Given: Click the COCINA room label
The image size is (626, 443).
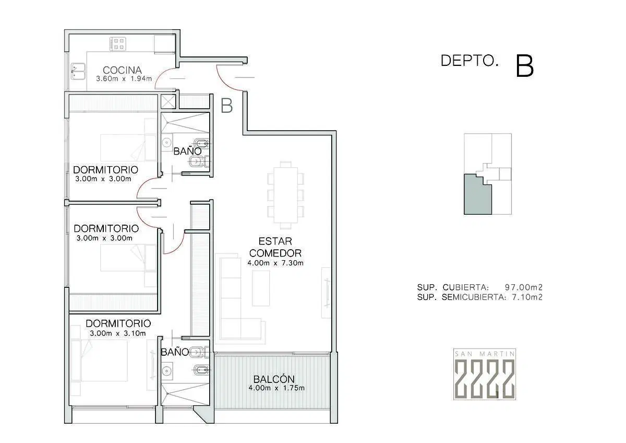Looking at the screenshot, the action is pyautogui.click(x=122, y=70).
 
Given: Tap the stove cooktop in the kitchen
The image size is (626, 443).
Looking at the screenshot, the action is pyautogui.click(x=118, y=44).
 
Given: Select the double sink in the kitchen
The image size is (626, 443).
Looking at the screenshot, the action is pyautogui.click(x=78, y=72).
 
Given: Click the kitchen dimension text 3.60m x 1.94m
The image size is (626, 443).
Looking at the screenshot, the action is pyautogui.click(x=124, y=79).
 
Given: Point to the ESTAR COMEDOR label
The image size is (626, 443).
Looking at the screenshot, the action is pyautogui.click(x=275, y=247).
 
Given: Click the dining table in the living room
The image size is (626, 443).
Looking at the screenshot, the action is pyautogui.click(x=286, y=194).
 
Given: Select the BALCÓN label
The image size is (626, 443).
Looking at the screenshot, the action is pyautogui.click(x=274, y=379).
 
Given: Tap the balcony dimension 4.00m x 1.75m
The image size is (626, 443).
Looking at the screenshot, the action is pyautogui.click(x=276, y=388).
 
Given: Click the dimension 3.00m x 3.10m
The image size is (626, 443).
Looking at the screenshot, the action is pyautogui.click(x=118, y=333).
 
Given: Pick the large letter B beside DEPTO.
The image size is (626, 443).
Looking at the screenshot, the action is pyautogui.click(x=525, y=66).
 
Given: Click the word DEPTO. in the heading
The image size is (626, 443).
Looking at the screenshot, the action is pyautogui.click(x=469, y=61).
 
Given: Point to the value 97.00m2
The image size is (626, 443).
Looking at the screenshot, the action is pyautogui.click(x=523, y=287).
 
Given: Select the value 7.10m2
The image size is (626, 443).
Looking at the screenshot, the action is pyautogui.click(x=527, y=297).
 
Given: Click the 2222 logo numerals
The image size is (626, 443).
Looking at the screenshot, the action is pyautogui.click(x=485, y=378).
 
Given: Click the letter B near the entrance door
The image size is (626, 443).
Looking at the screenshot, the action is pyautogui.click(x=226, y=106).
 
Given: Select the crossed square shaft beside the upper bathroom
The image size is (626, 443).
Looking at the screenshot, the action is pyautogui.click(x=168, y=101).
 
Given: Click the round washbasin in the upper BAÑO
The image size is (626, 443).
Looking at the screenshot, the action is pyautogui.click(x=166, y=143).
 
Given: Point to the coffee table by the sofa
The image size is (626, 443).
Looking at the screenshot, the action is pyautogui.click(x=261, y=288).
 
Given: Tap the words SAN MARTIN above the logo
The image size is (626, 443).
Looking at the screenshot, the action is pyautogui.click(x=485, y=354).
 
